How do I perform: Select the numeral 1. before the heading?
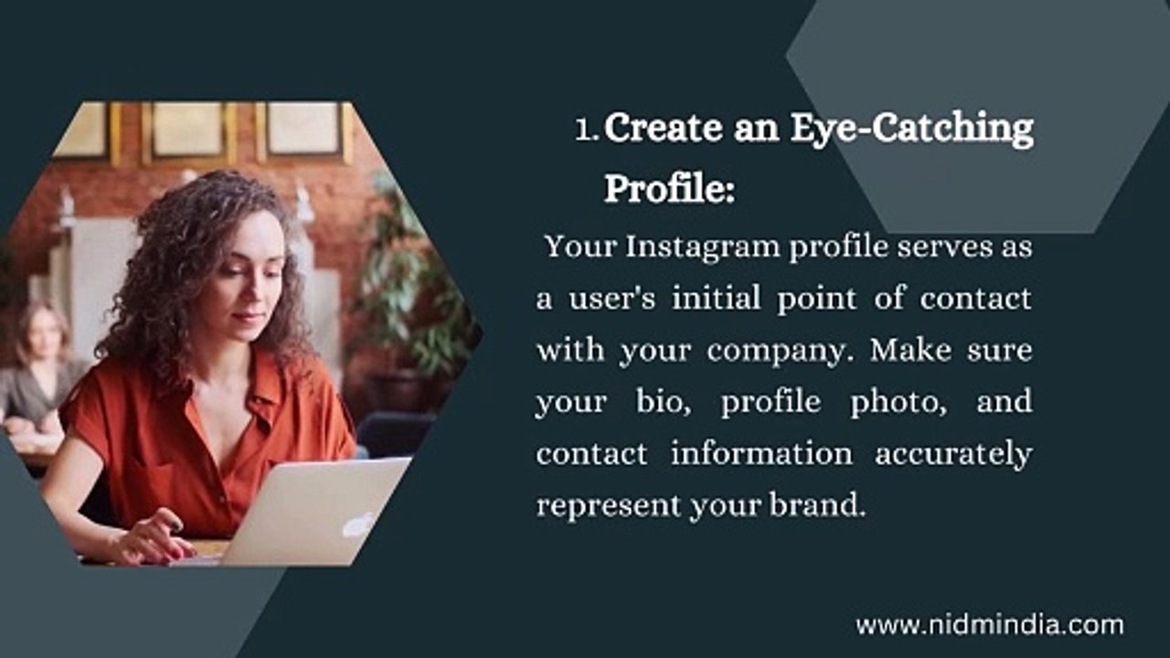pos(587,130)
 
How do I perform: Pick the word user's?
pos(612,299)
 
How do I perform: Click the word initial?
pos(716,298)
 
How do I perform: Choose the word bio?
pos(664,401)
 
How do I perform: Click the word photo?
pos(899,403)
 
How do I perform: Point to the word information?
pos(761,452)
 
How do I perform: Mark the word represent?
pos(609,506)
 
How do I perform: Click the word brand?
pos(817,504)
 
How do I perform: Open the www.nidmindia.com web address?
pos(989,626)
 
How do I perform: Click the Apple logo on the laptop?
pos(359,524)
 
